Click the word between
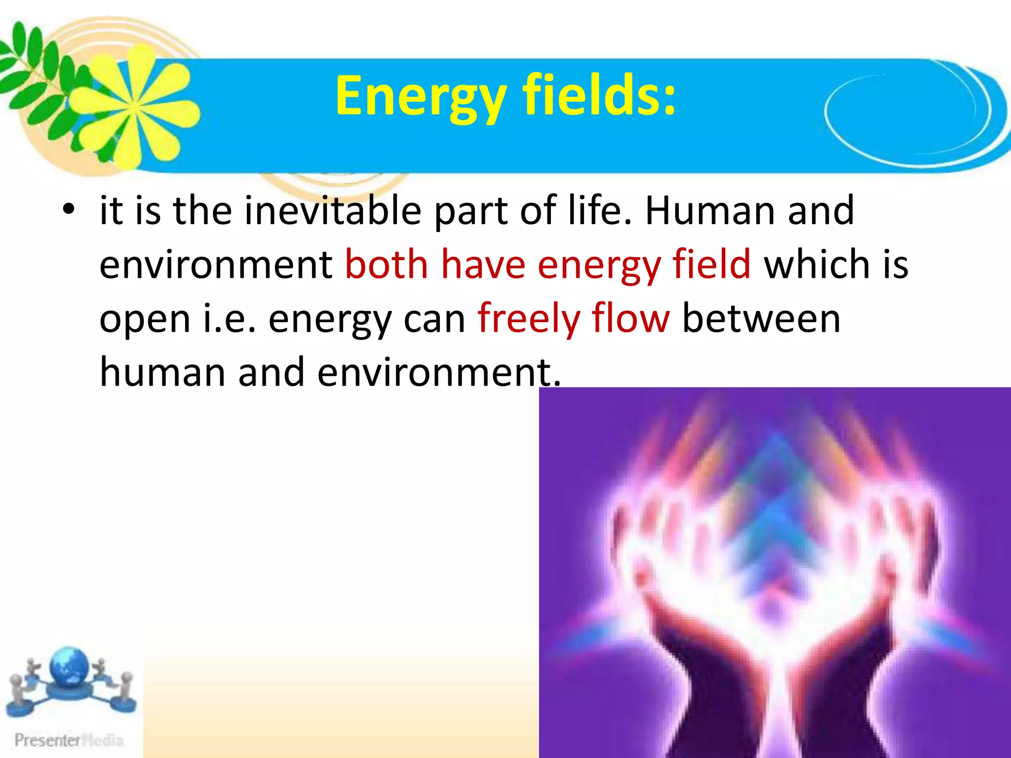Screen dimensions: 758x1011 click(761, 319)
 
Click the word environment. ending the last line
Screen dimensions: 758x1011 click(439, 373)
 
